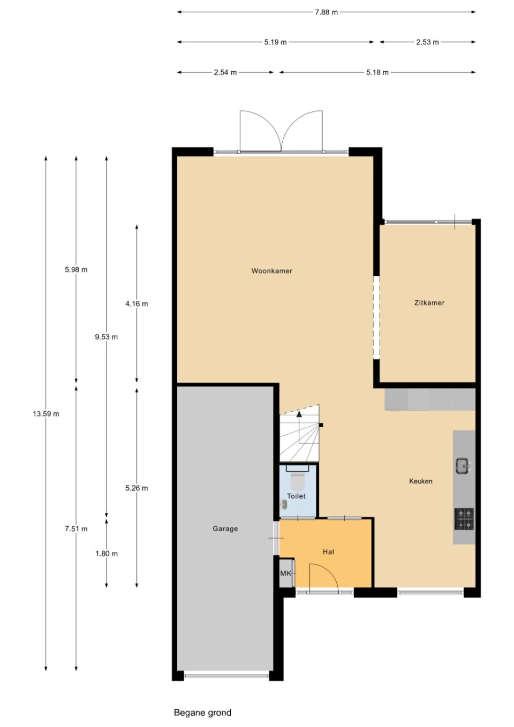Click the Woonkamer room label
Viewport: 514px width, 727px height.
(x=271, y=271)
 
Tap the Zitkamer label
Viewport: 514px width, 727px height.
(x=429, y=303)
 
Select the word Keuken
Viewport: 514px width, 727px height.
(x=420, y=481)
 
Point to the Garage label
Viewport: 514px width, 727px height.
(x=225, y=529)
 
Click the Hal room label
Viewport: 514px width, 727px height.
(x=328, y=552)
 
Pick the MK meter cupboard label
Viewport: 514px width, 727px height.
(x=285, y=573)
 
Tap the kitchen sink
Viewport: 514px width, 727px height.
(x=463, y=466)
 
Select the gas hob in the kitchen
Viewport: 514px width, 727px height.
(x=464, y=519)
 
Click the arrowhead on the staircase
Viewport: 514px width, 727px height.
(x=299, y=414)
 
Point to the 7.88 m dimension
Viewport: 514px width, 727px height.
(x=326, y=12)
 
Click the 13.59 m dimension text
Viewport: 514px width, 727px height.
(x=46, y=414)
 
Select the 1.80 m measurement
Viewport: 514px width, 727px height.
(x=107, y=554)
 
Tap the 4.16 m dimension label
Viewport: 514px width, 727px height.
(x=137, y=304)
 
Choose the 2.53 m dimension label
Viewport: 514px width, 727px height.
(x=427, y=42)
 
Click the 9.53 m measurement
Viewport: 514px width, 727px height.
(x=107, y=337)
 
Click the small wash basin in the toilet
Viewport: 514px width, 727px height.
(x=284, y=503)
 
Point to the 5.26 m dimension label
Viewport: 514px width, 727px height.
(x=137, y=488)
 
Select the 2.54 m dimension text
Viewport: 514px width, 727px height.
(x=225, y=72)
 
